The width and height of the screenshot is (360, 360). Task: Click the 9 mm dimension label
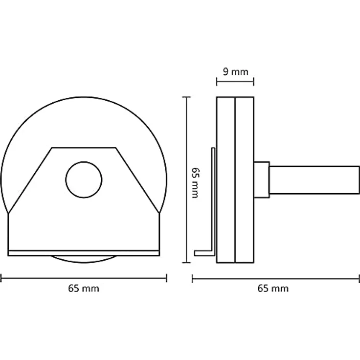point(236,72)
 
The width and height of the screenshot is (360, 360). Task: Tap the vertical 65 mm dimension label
point(196,183)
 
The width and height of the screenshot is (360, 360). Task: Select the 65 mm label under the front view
point(84,289)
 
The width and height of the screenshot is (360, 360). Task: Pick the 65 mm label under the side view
point(273,289)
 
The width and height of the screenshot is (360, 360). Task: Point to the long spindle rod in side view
point(315,180)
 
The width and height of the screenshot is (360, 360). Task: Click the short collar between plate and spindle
point(262,180)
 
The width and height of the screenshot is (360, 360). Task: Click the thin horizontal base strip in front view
point(84,253)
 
